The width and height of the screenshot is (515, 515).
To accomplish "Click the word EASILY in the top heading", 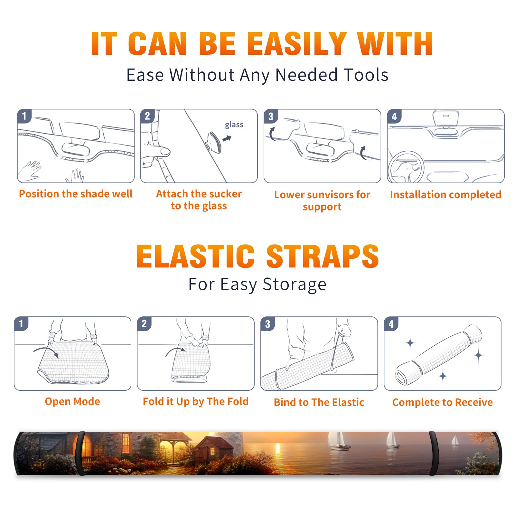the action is (296, 44).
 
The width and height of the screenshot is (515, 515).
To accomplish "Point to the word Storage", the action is (295, 285).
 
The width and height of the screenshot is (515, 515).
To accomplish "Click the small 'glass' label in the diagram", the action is (234, 125).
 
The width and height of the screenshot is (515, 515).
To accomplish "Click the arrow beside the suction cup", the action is (227, 138).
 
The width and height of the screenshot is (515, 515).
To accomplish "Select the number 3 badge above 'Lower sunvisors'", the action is (271, 116).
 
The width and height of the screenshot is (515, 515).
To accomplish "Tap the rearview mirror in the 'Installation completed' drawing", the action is (446, 118).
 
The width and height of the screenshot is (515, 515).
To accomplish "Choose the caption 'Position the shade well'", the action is (76, 194).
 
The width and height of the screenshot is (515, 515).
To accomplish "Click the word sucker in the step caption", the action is (225, 194).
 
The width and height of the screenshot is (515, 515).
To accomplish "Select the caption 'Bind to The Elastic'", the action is (319, 402).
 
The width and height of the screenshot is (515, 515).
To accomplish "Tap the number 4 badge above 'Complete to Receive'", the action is (391, 324).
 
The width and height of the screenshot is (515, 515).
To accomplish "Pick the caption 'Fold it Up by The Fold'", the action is (196, 402).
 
